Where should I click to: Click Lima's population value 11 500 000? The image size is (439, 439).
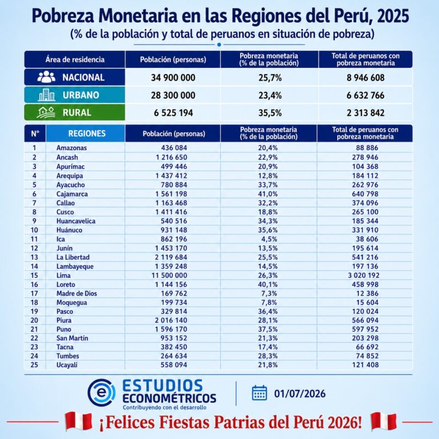pyautogui.click(x=169, y=275)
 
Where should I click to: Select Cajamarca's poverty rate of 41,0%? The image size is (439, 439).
pyautogui.click(x=268, y=194)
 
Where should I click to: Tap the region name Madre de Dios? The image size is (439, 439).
pyautogui.click(x=77, y=293)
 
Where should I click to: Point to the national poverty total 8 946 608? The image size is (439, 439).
pyautogui.click(x=365, y=78)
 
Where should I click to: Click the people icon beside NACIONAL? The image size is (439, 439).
pyautogui.click(x=46, y=77)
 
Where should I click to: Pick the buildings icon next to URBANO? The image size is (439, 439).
pyautogui.click(x=46, y=95)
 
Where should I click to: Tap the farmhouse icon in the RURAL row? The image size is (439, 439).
pyautogui.click(x=46, y=112)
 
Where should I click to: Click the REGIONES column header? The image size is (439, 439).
pyautogui.click(x=87, y=133)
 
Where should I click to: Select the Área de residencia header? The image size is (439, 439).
pyautogui.click(x=75, y=59)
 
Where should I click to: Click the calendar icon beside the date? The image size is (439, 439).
pyautogui.click(x=260, y=393)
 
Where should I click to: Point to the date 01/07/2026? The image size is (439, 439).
pyautogui.click(x=300, y=394)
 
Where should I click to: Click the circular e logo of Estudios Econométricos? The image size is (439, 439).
pyautogui.click(x=101, y=393)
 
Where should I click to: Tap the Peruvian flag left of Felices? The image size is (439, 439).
pyautogui.click(x=78, y=421)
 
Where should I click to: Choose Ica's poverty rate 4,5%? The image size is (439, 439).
pyautogui.click(x=268, y=239)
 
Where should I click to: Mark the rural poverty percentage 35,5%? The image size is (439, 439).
pyautogui.click(x=270, y=113)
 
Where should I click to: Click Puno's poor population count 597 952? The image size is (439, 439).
pyautogui.click(x=365, y=329)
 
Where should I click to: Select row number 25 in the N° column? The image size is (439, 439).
pyautogui.click(x=34, y=365)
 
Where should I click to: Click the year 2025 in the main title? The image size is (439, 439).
pyautogui.click(x=393, y=16)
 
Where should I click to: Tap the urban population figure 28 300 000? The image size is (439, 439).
pyautogui.click(x=173, y=95)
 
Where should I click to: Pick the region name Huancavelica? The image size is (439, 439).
pyautogui.click(x=76, y=221)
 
